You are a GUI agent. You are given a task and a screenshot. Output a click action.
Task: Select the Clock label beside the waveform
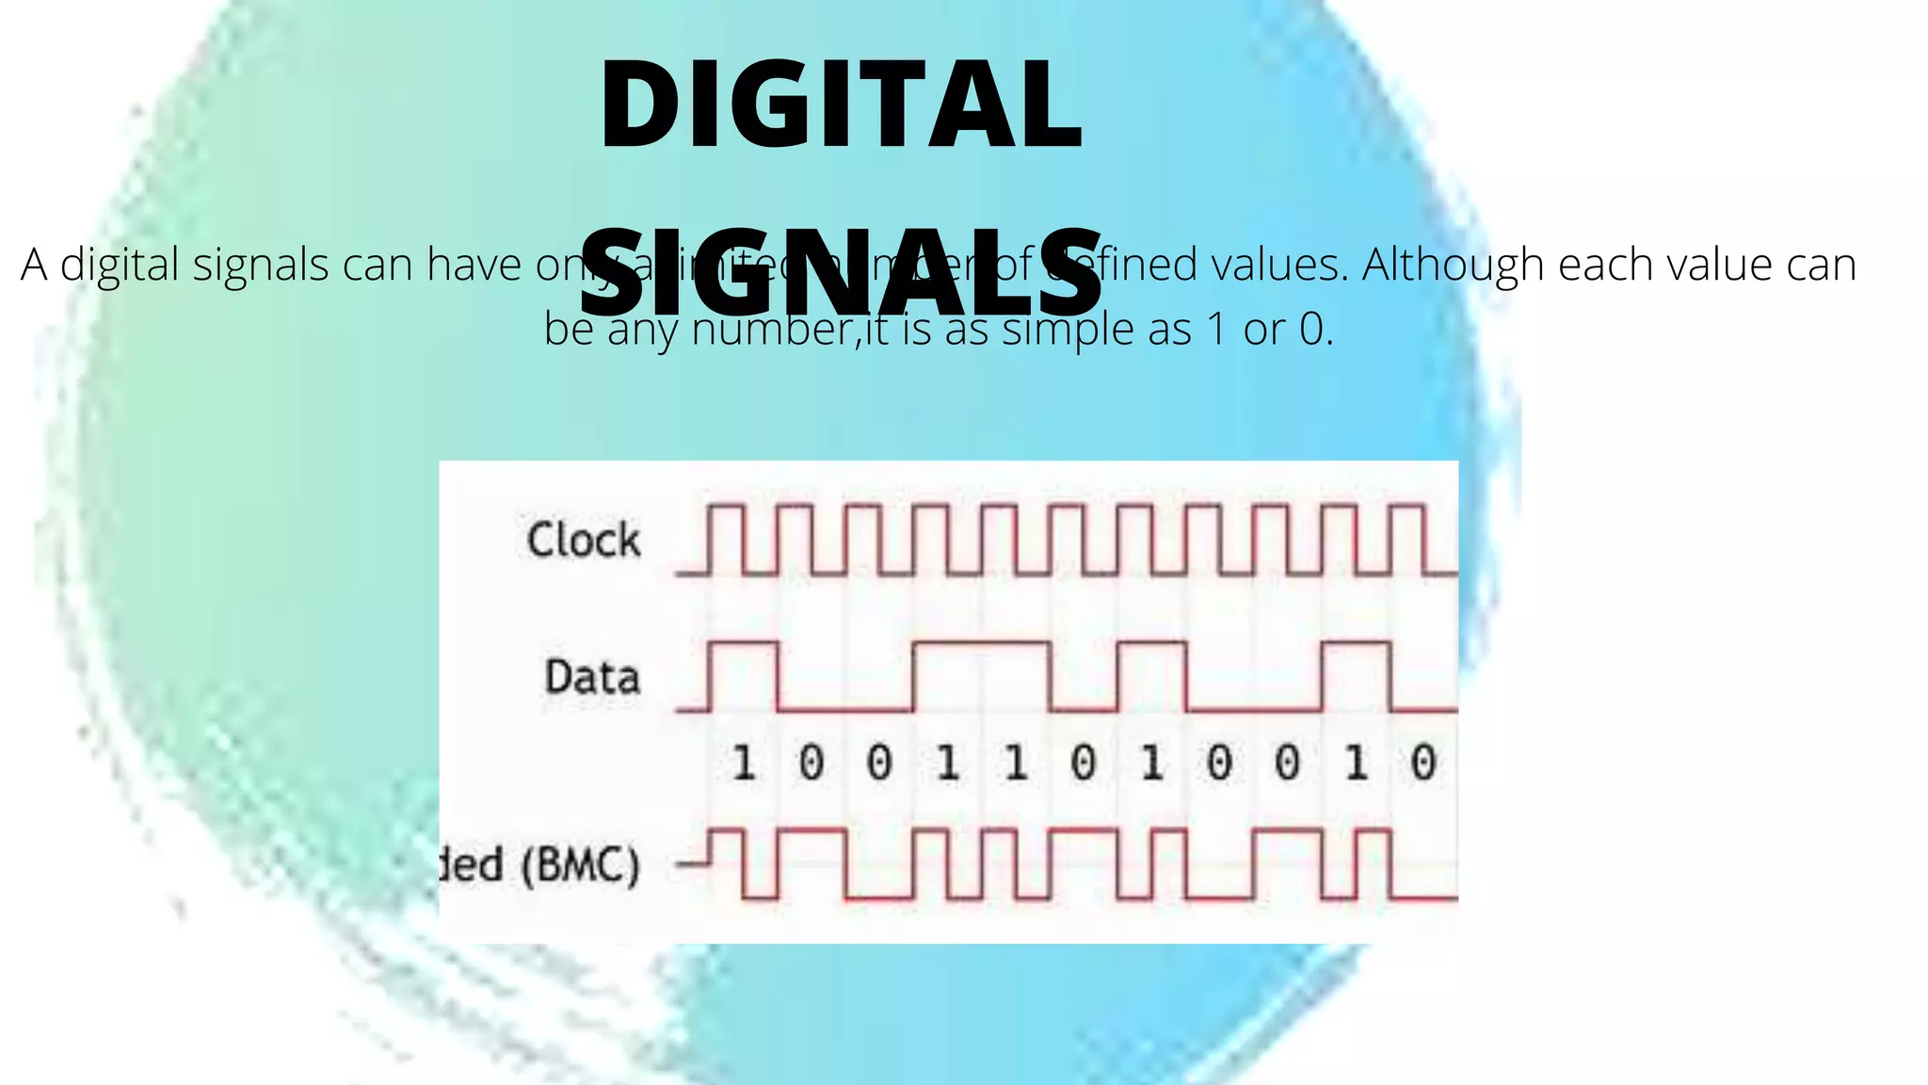pyautogui.click(x=584, y=541)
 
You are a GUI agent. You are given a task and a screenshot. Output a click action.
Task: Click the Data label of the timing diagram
pyautogui.click(x=592, y=677)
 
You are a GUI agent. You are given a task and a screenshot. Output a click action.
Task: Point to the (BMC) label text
pyautogui.click(x=580, y=865)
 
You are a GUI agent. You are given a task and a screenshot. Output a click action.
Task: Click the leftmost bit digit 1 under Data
pyautogui.click(x=744, y=763)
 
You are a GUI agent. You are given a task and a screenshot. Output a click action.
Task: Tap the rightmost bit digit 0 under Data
pyautogui.click(x=1423, y=763)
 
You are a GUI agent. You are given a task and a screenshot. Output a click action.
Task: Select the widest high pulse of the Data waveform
pyautogui.click(x=981, y=644)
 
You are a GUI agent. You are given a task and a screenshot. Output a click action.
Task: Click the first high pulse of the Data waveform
pyautogui.click(x=744, y=644)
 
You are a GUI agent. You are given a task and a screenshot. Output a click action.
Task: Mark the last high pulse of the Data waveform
pyautogui.click(x=1356, y=644)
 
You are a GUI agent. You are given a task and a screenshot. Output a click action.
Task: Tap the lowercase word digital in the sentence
pyautogui.click(x=120, y=265)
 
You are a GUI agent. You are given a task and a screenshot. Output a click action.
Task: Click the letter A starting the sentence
pyautogui.click(x=34, y=265)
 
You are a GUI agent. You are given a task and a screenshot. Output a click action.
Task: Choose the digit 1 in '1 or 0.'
pyautogui.click(x=1216, y=330)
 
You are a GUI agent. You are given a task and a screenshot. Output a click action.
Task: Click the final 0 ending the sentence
pyautogui.click(x=1311, y=330)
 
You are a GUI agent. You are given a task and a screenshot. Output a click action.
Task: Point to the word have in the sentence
pyautogui.click(x=474, y=265)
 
